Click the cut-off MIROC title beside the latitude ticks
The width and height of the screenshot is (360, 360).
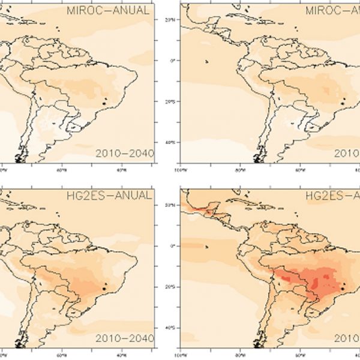(x=332, y=11)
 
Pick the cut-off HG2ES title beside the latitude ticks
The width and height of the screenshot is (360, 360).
(x=332, y=195)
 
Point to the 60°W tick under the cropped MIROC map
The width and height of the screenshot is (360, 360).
(x=299, y=170)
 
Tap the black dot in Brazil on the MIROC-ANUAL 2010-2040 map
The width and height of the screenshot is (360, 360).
(x=104, y=103)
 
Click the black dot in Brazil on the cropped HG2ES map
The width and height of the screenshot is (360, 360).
(x=343, y=289)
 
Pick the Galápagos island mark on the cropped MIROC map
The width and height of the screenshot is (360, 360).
(x=206, y=61)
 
